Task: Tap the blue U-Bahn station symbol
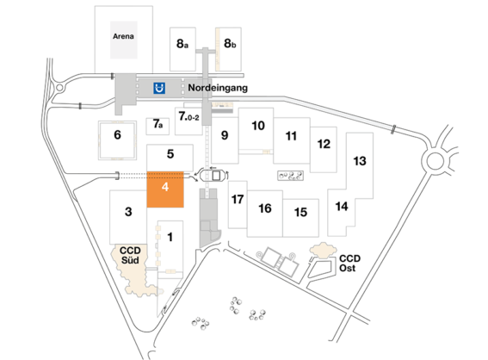pos(159,87)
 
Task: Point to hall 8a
pos(182,42)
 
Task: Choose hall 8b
pos(231,42)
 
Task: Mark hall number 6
pos(118,134)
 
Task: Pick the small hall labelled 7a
pos(158,125)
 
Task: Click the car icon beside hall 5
pos(212,175)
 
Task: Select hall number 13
pos(360,161)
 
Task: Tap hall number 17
pos(238,199)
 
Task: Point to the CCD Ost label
pos(349,262)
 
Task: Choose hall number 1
pos(170,235)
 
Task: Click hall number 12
pos(324,143)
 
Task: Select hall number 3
pos(127,212)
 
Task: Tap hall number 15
pos(300,212)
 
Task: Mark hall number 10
pos(257,126)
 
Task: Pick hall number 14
pos(342,206)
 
